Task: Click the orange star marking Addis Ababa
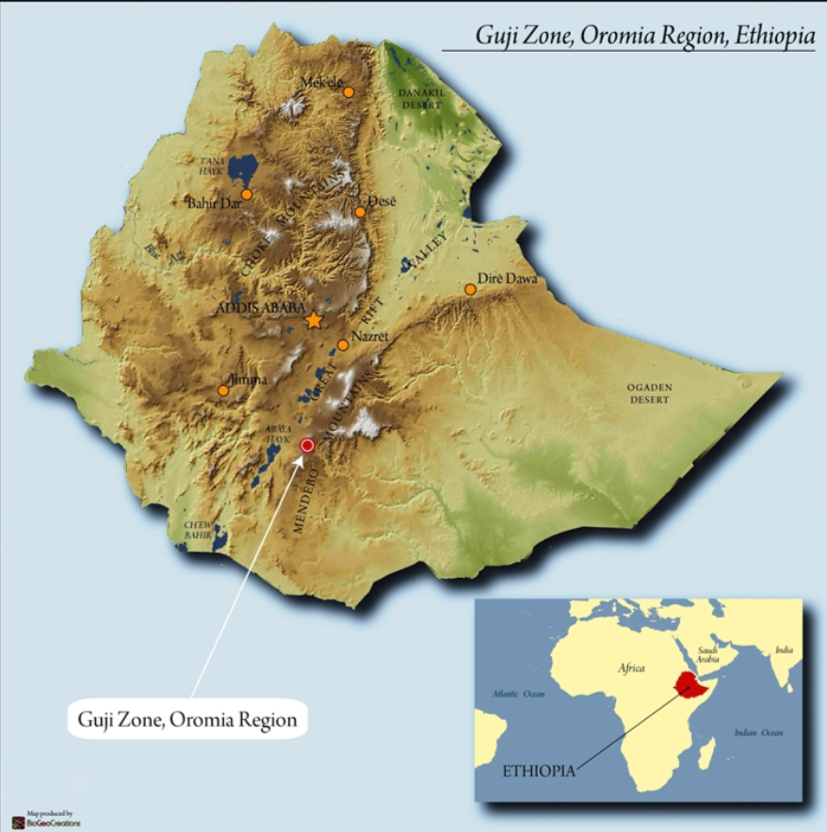pos(314,321)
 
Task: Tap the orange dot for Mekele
pos(349,92)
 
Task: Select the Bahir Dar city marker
pos(247,195)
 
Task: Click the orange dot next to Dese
pos(360,212)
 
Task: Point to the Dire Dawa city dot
pos(470,289)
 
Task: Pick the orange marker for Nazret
pos(343,345)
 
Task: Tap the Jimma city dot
pos(223,391)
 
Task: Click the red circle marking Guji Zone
pos(306,445)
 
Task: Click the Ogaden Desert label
pos(650,394)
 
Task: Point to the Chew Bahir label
pos(196,530)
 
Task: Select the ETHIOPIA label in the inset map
pos(538,770)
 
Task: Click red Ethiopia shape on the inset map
pos(692,684)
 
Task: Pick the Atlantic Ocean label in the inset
pos(518,694)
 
